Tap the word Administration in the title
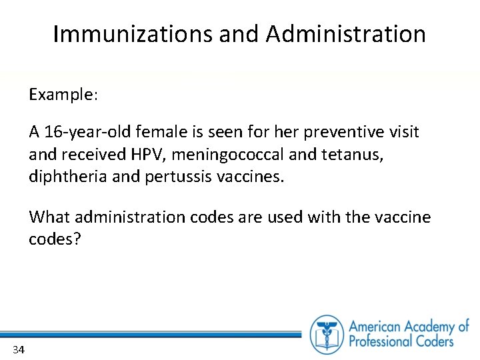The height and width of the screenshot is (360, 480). point(345,34)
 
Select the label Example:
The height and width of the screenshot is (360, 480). point(63,95)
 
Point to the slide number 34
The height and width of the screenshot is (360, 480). point(18,350)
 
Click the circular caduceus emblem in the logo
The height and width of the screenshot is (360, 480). point(327,333)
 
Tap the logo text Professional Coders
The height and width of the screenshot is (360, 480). point(401,341)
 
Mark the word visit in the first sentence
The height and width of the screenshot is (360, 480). point(403,132)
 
